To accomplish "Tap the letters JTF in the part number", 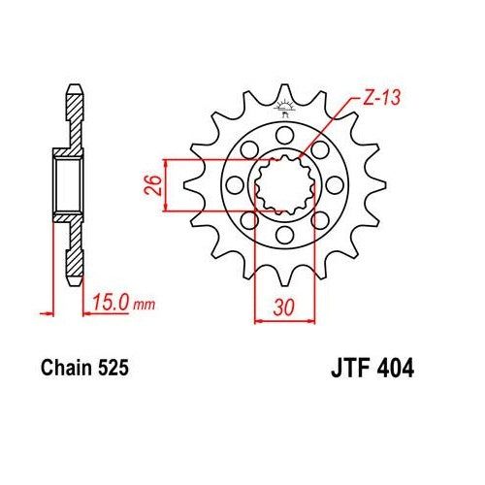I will click(339, 371).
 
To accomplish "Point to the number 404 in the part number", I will click(394, 371).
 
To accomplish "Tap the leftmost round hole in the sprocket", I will click(236, 183).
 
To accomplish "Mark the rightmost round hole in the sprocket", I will click(335, 183).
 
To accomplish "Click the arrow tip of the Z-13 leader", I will click(301, 156).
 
